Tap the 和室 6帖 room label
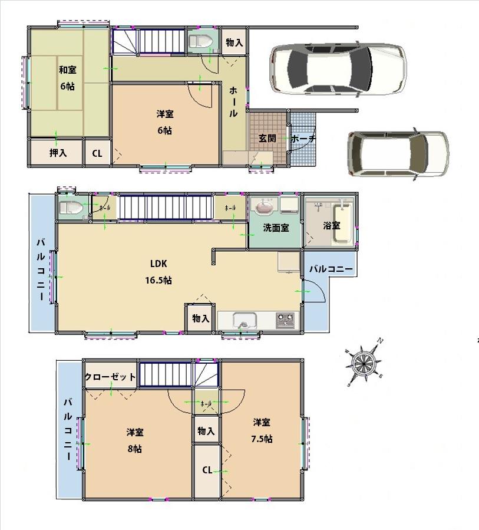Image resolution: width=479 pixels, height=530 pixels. (x=67, y=78)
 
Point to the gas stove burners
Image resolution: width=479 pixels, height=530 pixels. (x=286, y=321)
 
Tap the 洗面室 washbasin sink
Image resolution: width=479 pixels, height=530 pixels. (x=263, y=208)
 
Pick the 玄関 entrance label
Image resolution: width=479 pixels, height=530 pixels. (x=267, y=139)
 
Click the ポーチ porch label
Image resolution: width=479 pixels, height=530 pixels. (x=303, y=139)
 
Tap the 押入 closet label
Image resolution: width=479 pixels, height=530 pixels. (x=58, y=153)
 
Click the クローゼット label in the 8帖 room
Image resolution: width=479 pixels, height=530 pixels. (x=110, y=377)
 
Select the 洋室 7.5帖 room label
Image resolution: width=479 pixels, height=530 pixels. (x=262, y=430)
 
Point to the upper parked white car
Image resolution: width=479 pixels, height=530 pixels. (x=338, y=69)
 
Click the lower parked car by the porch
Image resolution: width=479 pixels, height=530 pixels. (x=398, y=153)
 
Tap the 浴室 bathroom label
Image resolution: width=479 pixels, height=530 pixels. (x=331, y=226)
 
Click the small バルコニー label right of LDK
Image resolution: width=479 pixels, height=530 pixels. (x=332, y=269)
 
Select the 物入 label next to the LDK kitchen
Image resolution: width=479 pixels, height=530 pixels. (x=201, y=318)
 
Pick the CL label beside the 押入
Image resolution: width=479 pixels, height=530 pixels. (x=97, y=154)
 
